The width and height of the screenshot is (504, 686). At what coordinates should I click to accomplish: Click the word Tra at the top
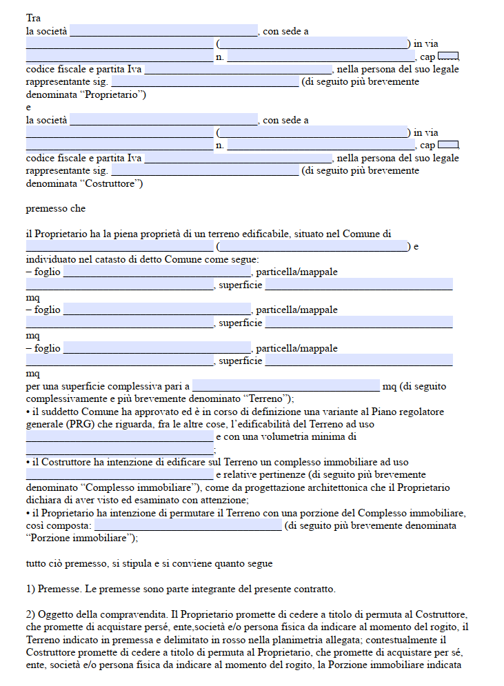(33, 18)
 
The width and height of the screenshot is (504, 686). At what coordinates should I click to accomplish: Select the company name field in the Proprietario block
(163, 31)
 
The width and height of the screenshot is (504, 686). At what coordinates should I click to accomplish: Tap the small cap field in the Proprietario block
(447, 56)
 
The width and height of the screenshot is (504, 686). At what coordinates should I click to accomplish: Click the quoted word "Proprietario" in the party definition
(114, 94)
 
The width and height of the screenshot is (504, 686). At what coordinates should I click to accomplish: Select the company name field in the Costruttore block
(163, 120)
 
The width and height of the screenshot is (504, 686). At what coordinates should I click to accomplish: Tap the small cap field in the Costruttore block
(447, 145)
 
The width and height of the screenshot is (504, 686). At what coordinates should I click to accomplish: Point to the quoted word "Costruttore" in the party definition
(112, 183)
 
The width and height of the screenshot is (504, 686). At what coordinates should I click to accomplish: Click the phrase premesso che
(56, 208)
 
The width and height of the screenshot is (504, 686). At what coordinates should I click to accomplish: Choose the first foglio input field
(157, 272)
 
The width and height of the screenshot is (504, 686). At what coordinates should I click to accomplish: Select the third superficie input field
(359, 361)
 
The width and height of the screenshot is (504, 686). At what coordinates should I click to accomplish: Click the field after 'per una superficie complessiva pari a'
(286, 385)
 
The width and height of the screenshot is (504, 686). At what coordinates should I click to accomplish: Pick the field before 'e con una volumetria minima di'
(119, 436)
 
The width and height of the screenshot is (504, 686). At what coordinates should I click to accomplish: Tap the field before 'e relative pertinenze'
(119, 475)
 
